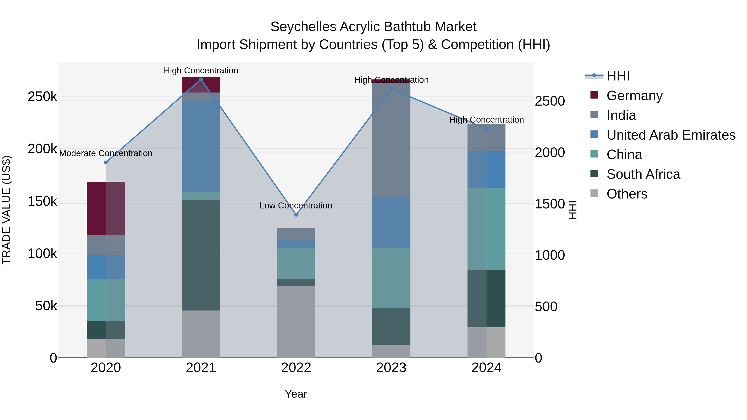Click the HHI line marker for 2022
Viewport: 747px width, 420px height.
296,215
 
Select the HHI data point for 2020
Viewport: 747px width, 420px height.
106,162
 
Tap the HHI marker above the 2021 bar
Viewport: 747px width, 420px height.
201,79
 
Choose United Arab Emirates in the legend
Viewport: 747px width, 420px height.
671,135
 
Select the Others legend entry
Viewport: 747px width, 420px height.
627,194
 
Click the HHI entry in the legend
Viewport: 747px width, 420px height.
618,76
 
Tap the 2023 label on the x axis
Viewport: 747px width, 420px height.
391,368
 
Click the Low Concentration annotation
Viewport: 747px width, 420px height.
296,206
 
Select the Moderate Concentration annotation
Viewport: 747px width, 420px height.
106,153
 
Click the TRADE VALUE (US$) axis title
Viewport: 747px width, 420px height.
7,210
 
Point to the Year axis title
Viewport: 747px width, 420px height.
296,394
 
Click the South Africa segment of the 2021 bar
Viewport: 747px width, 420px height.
201,255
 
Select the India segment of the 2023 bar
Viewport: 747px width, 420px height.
391,139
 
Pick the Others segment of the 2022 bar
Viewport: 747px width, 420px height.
296,321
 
